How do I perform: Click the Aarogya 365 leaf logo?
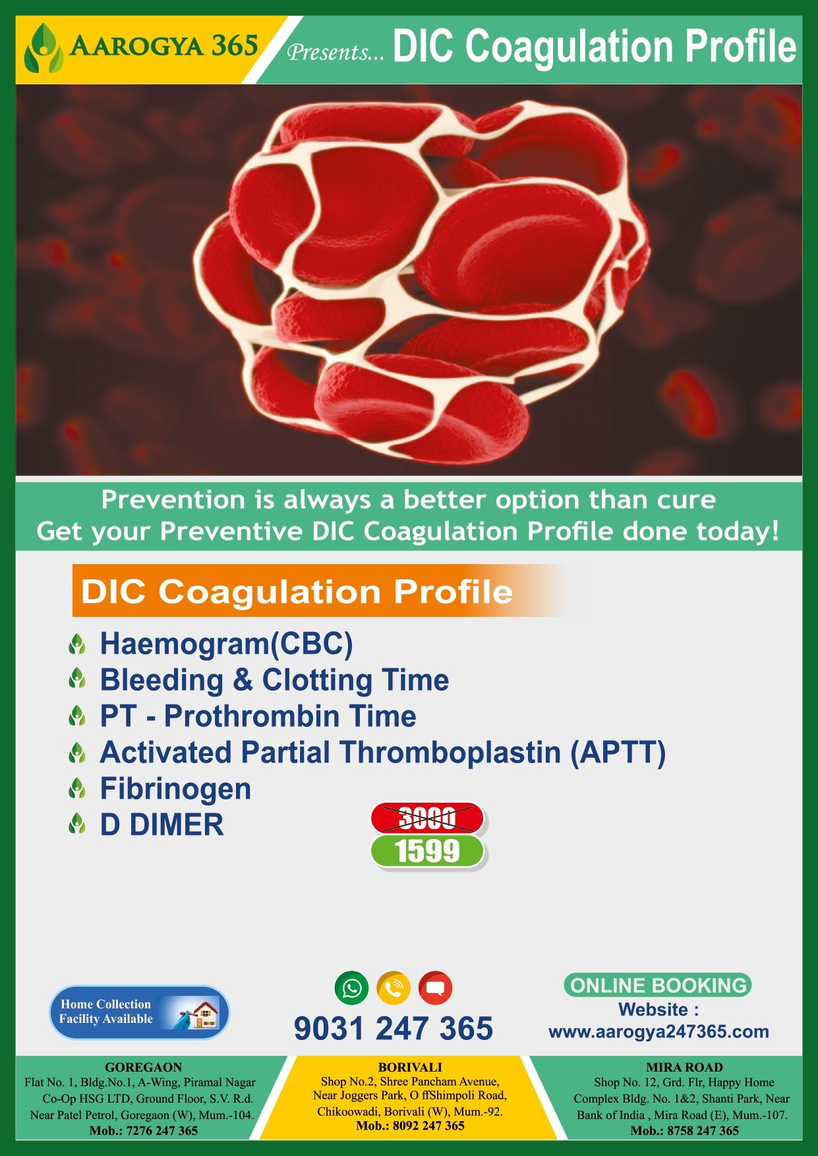pos(44,48)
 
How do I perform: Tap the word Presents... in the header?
pos(335,51)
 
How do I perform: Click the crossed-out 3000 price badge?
pos(427,818)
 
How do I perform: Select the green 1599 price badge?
pos(427,852)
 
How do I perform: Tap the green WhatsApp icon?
pos(352,988)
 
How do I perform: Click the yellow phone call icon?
pos(394,988)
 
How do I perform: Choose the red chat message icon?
pos(435,988)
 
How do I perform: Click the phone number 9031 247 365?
pos(394,1028)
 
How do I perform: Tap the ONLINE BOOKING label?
pos(658,985)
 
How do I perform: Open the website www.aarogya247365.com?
pos(658,1031)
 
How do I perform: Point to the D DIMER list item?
pos(161,825)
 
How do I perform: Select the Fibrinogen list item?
pos(175,789)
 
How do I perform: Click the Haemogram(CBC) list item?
pos(226,644)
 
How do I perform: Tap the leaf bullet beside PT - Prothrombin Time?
pos(77,716)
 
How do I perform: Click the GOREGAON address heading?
pos(143,1067)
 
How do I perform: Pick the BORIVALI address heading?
pos(410,1067)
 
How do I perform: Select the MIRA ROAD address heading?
pos(684,1067)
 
